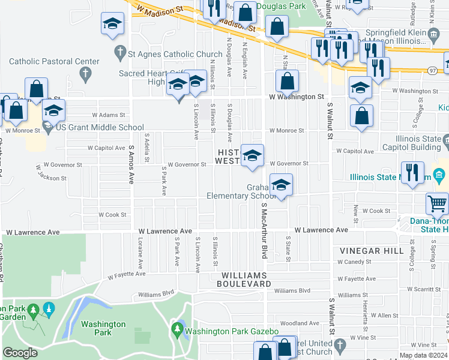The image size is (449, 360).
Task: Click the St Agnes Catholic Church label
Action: click(175, 53)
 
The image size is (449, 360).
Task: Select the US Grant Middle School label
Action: click(100, 128)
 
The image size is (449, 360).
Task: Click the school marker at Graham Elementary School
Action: click(280, 186)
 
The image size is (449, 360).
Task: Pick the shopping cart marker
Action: click(438, 204)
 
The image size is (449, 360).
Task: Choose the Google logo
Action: click(20, 353)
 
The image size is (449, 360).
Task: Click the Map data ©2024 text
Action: click(424, 355)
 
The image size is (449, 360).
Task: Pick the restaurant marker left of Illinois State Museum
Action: click(412, 173)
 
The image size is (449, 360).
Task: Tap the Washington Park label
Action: click(103, 328)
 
